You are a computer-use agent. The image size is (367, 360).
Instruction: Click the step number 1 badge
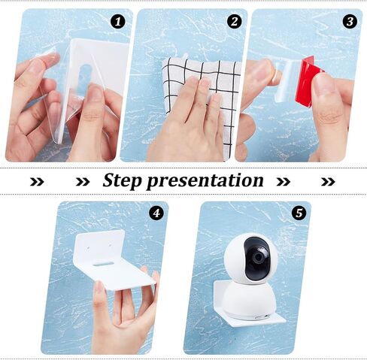click(x=118, y=22)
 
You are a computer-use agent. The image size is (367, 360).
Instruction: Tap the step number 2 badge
click(x=235, y=21)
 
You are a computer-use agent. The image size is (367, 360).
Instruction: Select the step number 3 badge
click(x=350, y=21)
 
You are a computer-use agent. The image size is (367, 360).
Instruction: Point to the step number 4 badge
click(x=156, y=213)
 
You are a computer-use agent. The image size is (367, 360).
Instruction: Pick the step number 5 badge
click(x=299, y=213)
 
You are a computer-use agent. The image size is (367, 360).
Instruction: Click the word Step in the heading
click(x=123, y=180)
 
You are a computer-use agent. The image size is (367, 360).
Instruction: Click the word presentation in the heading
click(x=205, y=180)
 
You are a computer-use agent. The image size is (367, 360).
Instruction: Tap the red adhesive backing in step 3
click(x=308, y=81)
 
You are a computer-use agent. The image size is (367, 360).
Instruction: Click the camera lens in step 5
click(x=259, y=259)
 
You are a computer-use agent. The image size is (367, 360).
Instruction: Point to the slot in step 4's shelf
click(x=103, y=264)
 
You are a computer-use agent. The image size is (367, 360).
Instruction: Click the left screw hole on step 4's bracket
click(x=88, y=248)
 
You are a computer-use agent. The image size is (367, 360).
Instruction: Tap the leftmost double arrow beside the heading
click(x=37, y=182)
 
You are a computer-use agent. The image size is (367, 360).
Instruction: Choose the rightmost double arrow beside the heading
click(x=328, y=182)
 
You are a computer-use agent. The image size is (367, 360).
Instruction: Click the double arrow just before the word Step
click(x=83, y=182)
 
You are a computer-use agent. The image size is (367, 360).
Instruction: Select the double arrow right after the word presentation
click(x=284, y=182)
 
